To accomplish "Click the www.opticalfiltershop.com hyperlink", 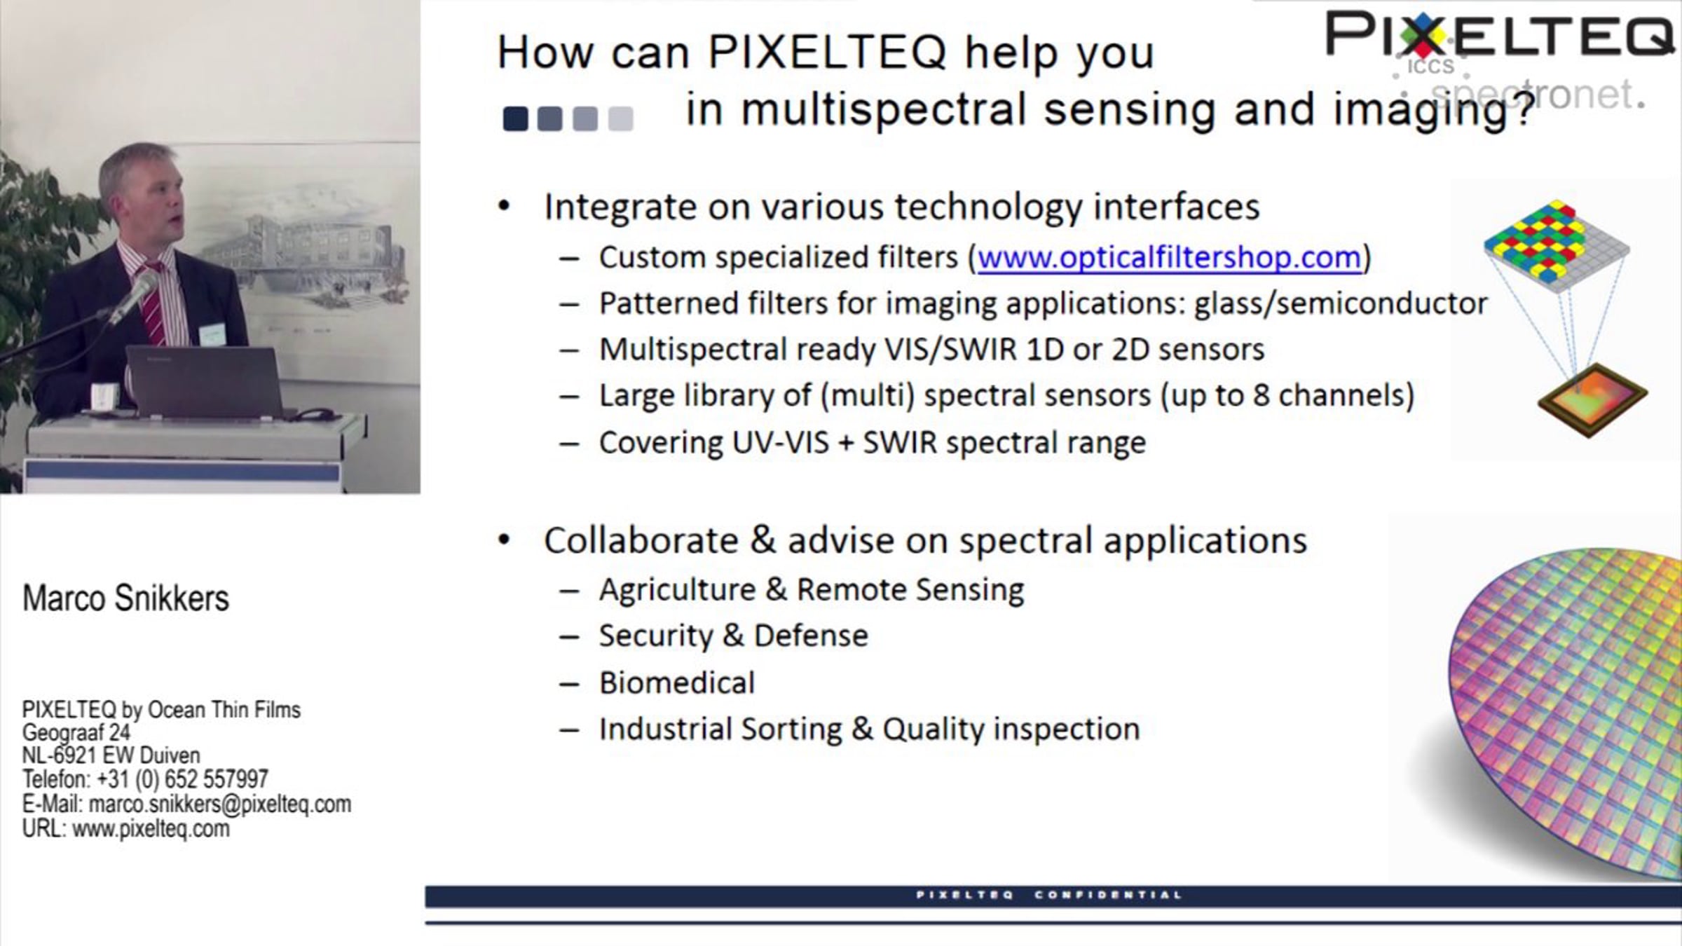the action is (1169, 258).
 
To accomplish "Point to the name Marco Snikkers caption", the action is (126, 598).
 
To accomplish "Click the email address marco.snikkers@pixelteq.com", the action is (220, 804).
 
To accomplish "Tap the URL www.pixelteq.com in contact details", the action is (151, 829).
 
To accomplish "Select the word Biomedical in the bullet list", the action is (677, 683).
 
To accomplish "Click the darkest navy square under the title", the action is (515, 118).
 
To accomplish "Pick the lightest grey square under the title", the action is (620, 118).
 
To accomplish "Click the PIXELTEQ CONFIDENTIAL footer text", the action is (1049, 895).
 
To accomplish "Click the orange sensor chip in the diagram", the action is (1592, 400).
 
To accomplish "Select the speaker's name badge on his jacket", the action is (212, 334).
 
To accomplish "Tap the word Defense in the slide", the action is (811, 636).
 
